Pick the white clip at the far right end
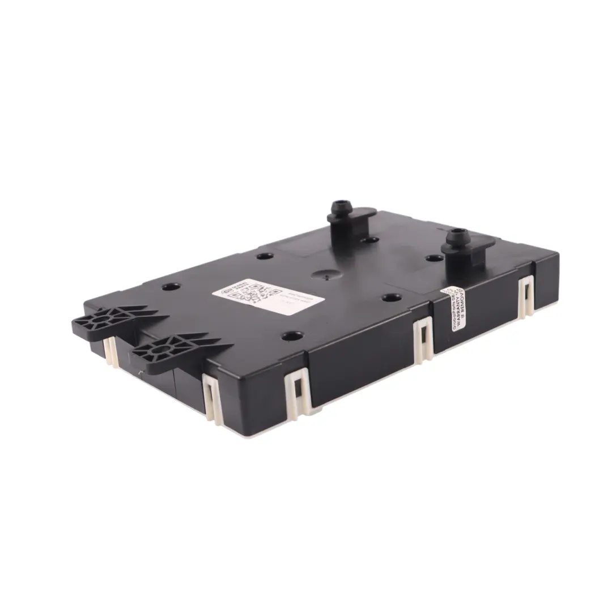tap(526, 296)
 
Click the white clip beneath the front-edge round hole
tap(298, 391)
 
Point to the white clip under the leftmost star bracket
tap(110, 351)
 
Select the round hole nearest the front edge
tap(291, 336)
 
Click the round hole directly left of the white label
tap(171, 287)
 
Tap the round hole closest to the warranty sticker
tap(391, 297)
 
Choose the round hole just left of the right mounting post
tap(434, 258)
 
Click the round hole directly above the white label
tap(265, 256)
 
